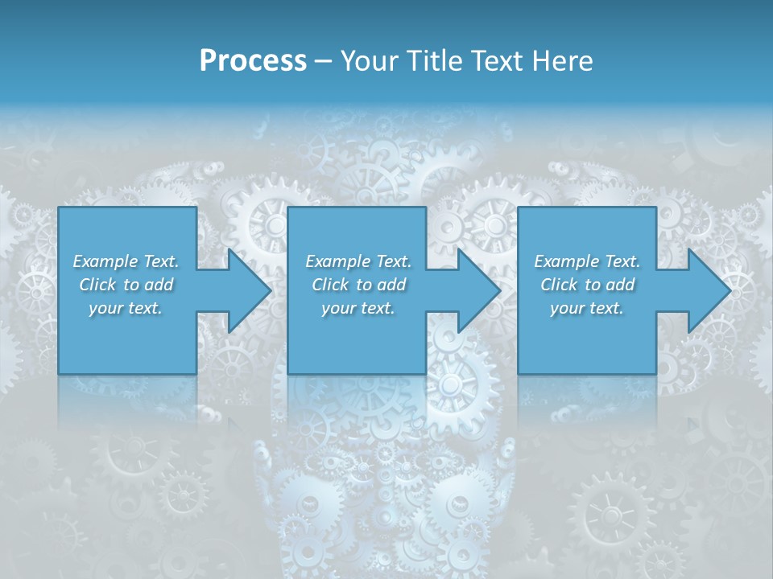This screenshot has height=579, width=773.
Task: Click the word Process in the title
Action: [253, 61]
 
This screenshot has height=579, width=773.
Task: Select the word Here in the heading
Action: [562, 61]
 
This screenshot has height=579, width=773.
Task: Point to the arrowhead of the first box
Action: [250, 290]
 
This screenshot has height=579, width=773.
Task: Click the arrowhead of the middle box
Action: [480, 290]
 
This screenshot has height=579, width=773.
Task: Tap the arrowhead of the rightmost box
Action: [709, 290]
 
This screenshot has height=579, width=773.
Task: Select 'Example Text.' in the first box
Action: [126, 261]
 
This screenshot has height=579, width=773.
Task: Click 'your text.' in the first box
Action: [126, 308]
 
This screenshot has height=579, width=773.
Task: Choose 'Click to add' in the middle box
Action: [358, 285]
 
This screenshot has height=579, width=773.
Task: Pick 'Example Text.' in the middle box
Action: [358, 261]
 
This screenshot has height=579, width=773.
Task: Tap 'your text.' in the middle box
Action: [358, 308]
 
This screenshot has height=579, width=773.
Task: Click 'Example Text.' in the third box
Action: [587, 261]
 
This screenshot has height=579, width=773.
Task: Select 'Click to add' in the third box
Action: [587, 285]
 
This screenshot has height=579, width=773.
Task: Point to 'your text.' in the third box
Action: [587, 308]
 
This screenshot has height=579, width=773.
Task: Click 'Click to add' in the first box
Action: [126, 285]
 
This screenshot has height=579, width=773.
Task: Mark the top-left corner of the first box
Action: [59, 207]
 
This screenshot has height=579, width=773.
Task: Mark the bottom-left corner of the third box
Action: [518, 373]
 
